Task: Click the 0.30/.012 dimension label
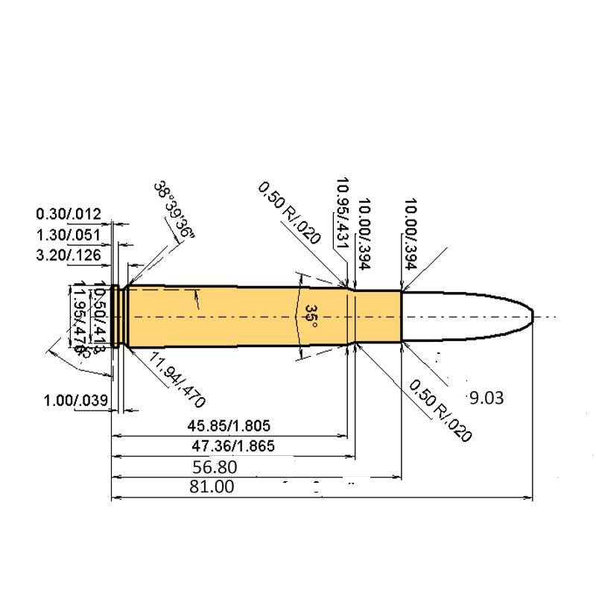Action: pyautogui.click(x=69, y=215)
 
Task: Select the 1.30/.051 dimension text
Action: pyautogui.click(x=69, y=236)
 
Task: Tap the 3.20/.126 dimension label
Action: pyautogui.click(x=69, y=257)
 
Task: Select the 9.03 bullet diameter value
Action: pyautogui.click(x=486, y=398)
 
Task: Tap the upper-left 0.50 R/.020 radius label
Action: pyautogui.click(x=289, y=213)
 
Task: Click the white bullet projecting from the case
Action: pyautogui.click(x=462, y=317)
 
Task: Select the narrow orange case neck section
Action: pyautogui.click(x=378, y=317)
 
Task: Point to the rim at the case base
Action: pyautogui.click(x=115, y=317)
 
